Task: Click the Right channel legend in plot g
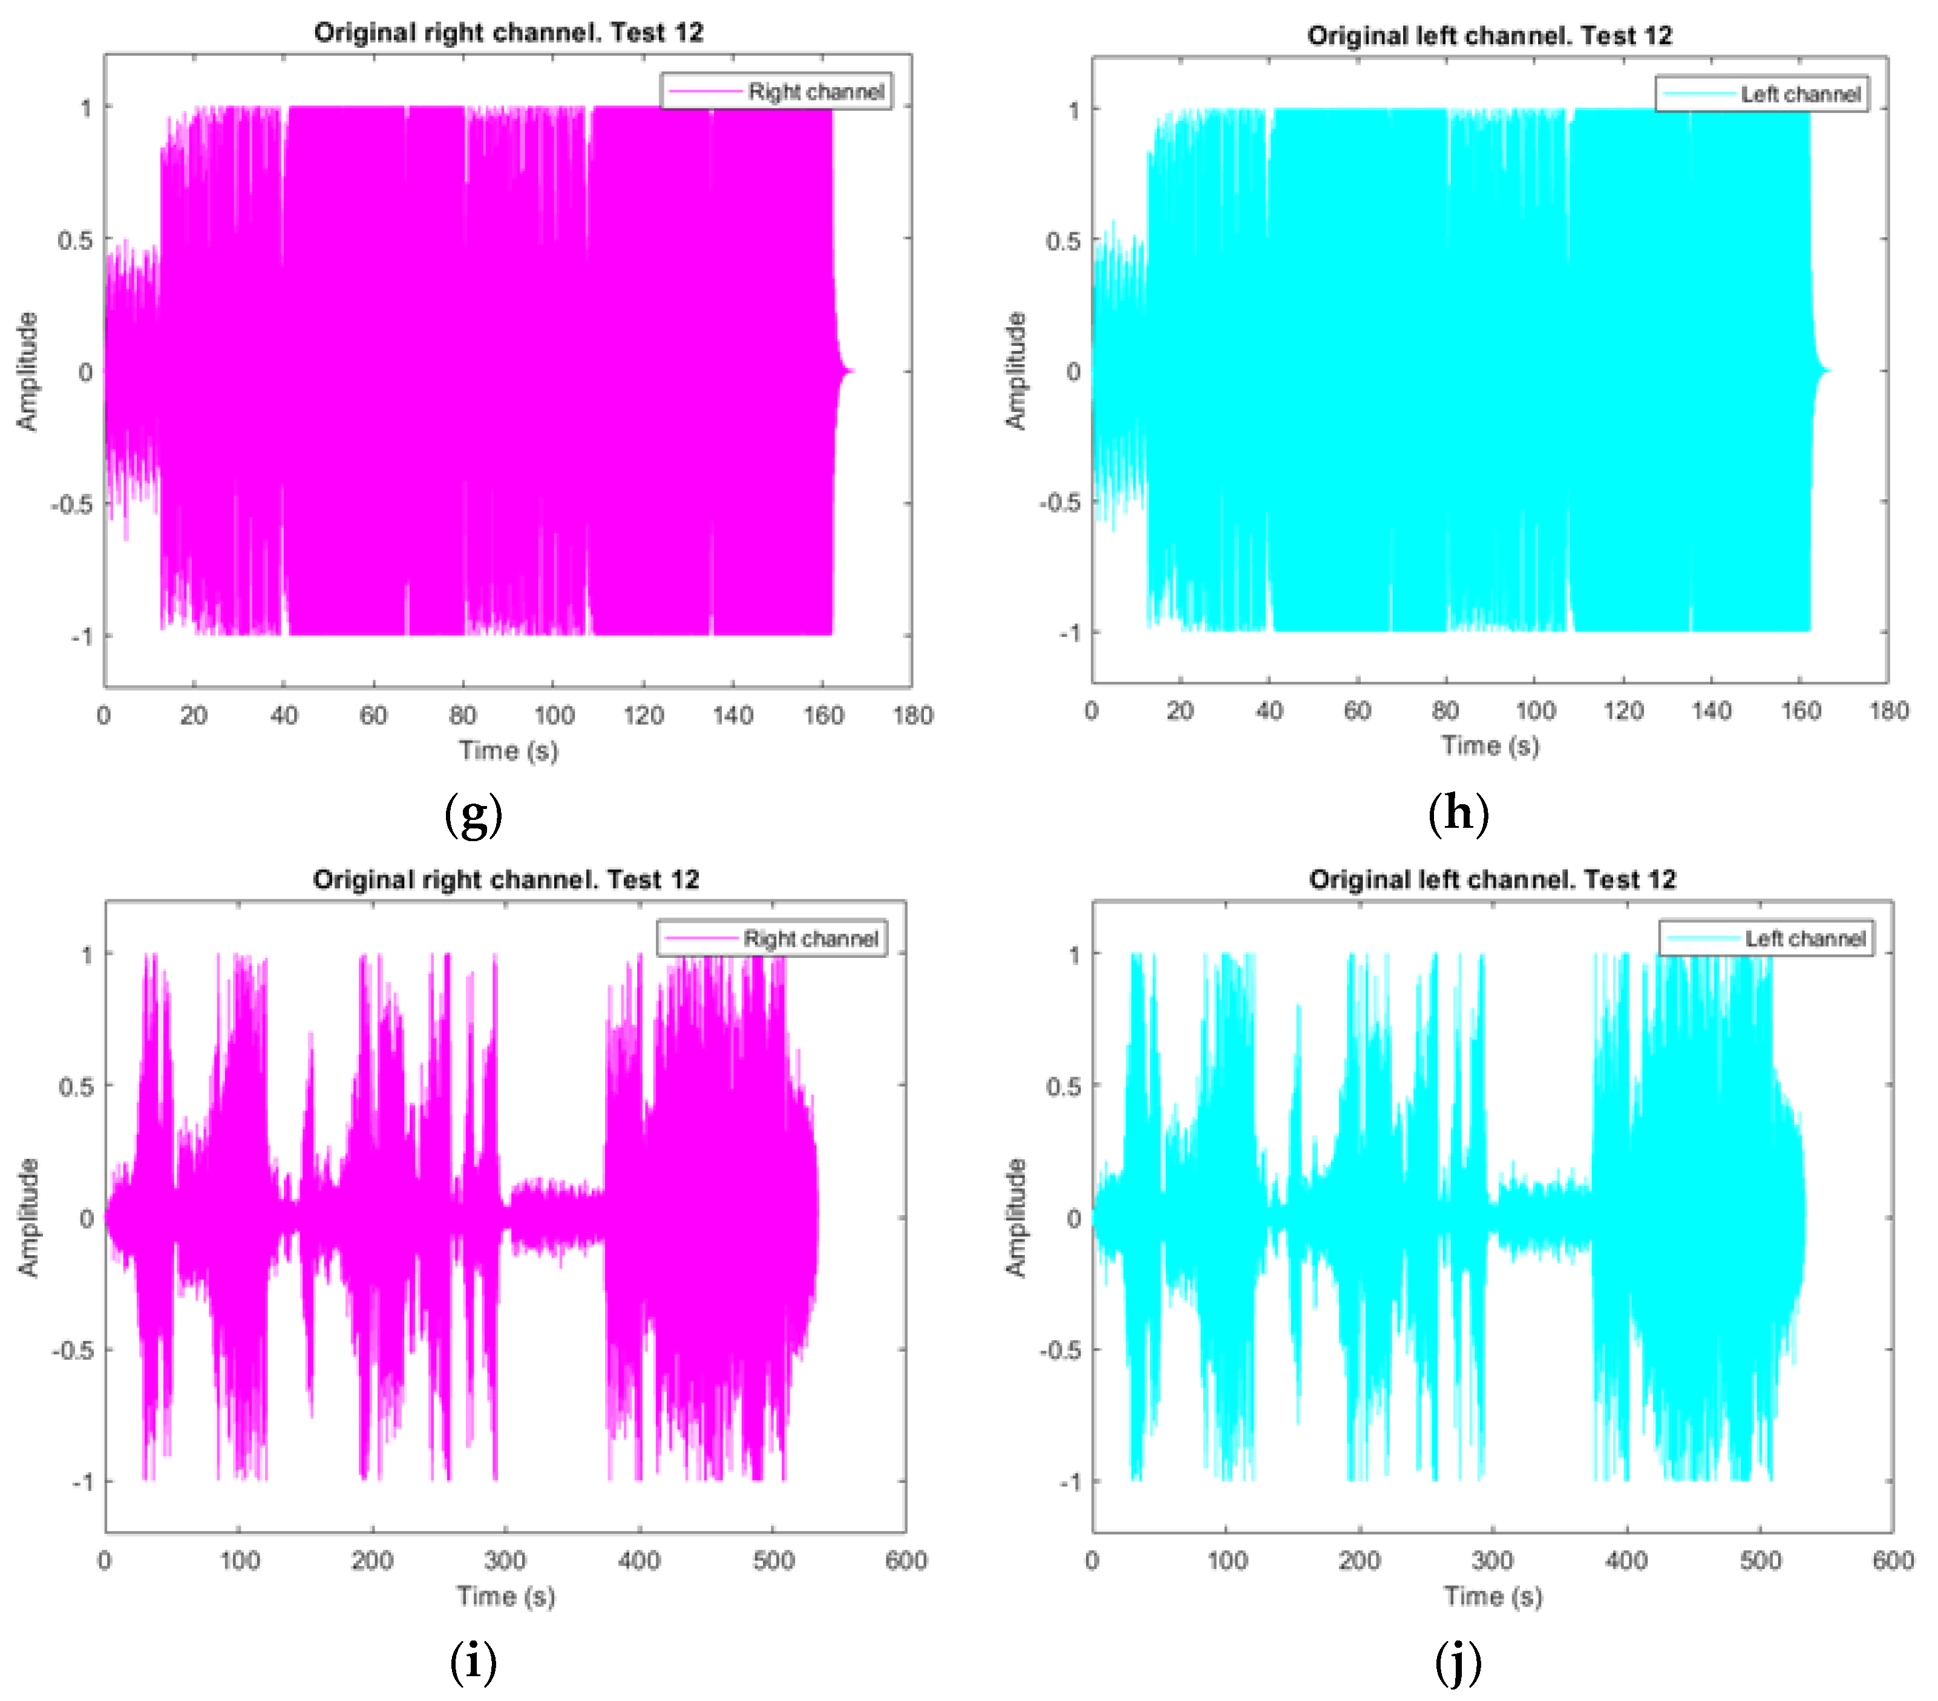[776, 91]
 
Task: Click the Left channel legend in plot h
[1762, 94]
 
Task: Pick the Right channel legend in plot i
[772, 938]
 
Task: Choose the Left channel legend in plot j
[1766, 938]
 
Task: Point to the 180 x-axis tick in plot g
[912, 715]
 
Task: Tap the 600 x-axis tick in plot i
[906, 1560]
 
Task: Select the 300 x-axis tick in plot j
[1492, 1560]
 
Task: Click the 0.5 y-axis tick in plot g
[76, 240]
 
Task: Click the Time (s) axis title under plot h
[1490, 746]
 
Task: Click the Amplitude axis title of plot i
[28, 1218]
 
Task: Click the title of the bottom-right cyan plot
[1492, 879]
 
